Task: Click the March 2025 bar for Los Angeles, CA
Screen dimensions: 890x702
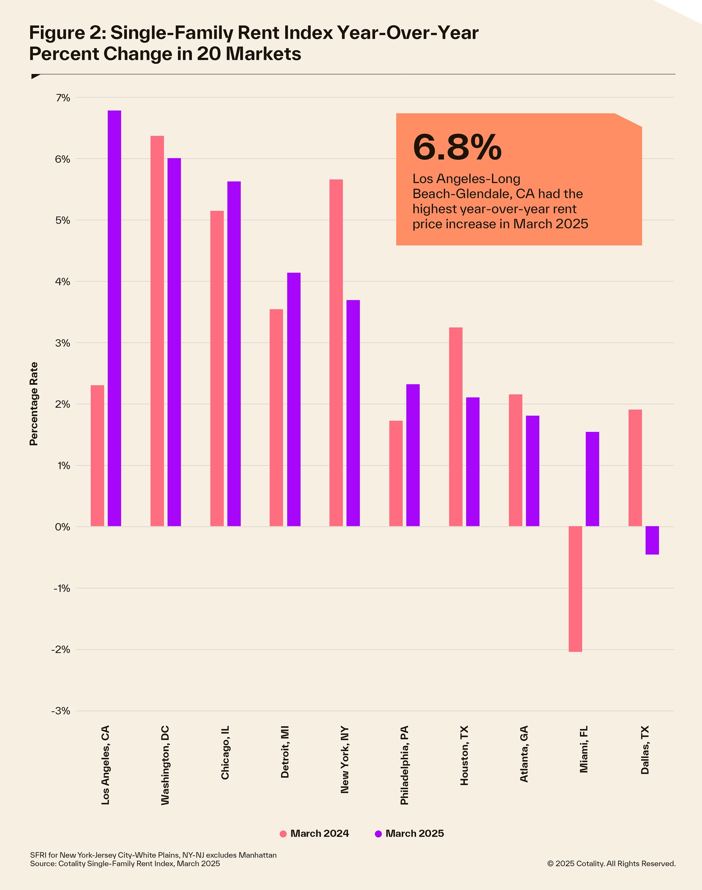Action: click(114, 318)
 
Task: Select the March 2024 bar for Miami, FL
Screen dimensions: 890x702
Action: click(575, 589)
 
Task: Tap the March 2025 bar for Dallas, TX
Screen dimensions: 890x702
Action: click(652, 540)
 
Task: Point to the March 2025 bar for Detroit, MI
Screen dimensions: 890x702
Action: click(294, 399)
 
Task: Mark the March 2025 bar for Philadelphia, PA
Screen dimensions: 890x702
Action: click(413, 455)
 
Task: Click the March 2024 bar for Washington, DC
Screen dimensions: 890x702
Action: click(157, 331)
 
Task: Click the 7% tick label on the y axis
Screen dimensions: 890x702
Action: click(63, 98)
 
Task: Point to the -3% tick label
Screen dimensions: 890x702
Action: click(61, 711)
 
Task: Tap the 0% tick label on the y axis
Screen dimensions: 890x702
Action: click(63, 527)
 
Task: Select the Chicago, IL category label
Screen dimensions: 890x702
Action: click(225, 752)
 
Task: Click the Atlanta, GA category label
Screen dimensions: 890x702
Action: click(524, 754)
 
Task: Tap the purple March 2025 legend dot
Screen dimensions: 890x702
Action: click(378, 834)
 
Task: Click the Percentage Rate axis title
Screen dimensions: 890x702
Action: click(34, 404)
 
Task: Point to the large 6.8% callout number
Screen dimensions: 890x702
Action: click(457, 147)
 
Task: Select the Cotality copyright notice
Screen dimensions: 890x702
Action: click(611, 864)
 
